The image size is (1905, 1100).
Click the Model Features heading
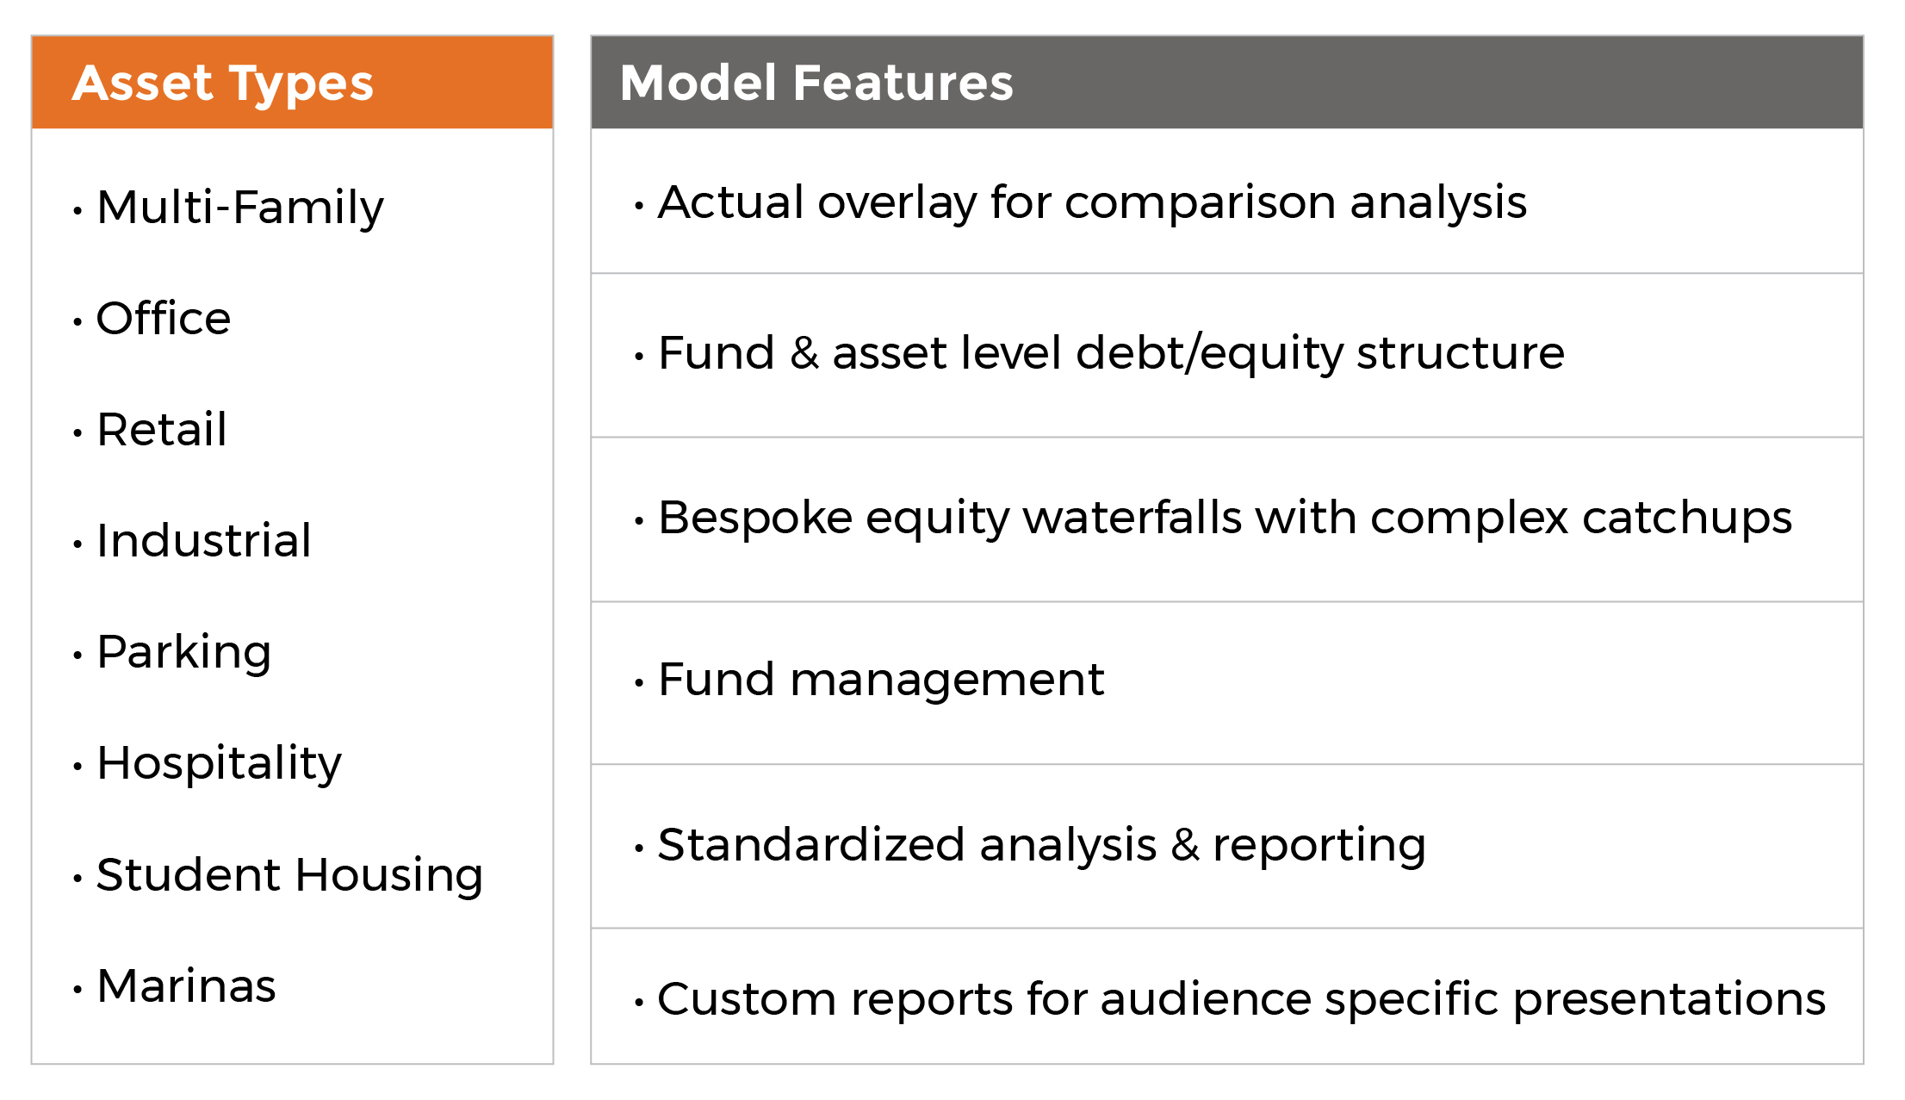tap(816, 83)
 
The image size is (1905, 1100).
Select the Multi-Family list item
tap(240, 208)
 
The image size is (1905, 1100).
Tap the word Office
tap(164, 318)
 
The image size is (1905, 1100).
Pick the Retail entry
tap(162, 429)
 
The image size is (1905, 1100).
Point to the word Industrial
tap(204, 540)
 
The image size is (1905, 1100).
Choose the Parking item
tap(184, 652)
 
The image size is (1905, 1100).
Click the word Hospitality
tap(220, 764)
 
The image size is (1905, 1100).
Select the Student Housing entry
tap(290, 876)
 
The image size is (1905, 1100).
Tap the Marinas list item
tap(187, 985)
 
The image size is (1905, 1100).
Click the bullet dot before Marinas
tap(78, 990)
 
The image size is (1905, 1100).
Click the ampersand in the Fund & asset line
tap(804, 353)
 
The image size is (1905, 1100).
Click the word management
tap(947, 681)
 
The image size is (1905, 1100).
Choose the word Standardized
tap(811, 844)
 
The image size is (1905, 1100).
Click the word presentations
tap(1669, 1000)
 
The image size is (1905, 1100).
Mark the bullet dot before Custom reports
tap(639, 1003)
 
